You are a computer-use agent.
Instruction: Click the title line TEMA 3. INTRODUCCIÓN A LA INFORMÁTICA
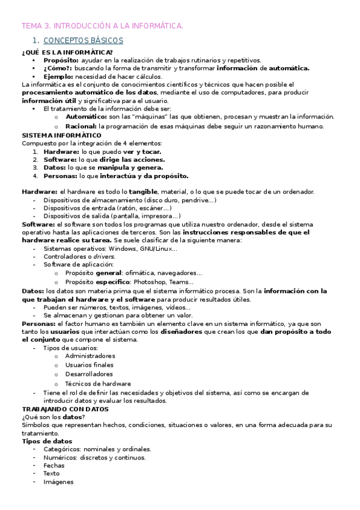point(102,26)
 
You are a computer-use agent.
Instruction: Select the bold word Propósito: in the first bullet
point(61,60)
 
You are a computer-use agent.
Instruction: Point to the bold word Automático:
point(85,117)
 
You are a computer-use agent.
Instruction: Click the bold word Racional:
point(81,126)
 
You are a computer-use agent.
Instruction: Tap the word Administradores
point(90,355)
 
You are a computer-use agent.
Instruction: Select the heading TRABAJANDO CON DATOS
point(64,409)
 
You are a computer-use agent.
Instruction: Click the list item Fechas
point(55,465)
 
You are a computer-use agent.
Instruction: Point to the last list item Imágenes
point(58,482)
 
